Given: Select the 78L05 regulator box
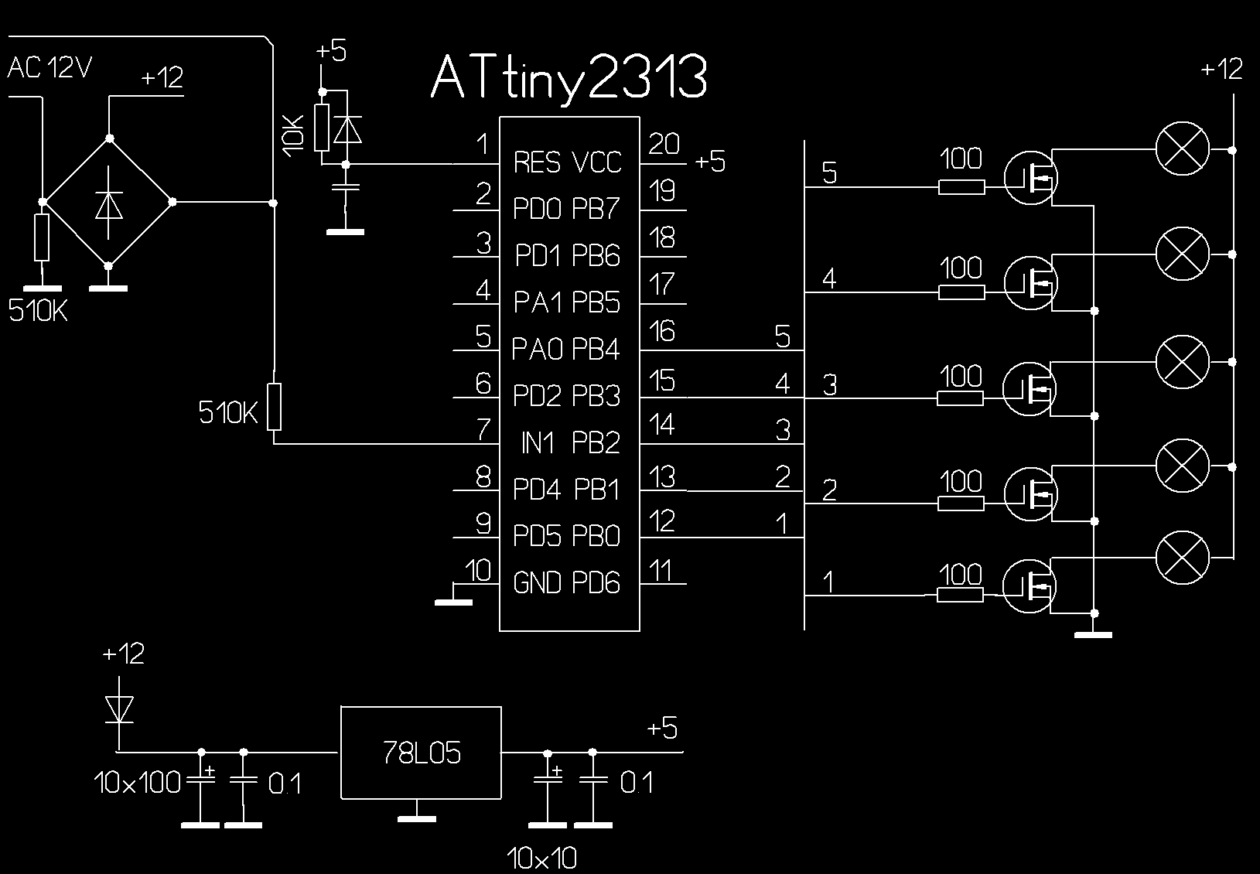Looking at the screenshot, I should click(x=421, y=752).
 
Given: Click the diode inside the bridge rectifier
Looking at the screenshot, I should click(x=108, y=203).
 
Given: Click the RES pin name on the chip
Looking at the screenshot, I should click(x=537, y=162).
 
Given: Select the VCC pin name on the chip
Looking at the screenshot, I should click(x=596, y=162).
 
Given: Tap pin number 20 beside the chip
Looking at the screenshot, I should click(x=664, y=145).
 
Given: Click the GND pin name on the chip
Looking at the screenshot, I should click(x=537, y=582).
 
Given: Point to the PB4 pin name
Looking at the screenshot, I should click(x=596, y=350).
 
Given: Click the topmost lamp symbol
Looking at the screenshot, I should click(x=1181, y=149).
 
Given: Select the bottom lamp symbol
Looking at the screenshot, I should click(x=1181, y=558).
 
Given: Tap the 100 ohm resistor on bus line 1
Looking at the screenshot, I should click(x=960, y=595).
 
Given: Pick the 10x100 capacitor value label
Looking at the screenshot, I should click(x=138, y=784).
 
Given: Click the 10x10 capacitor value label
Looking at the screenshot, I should click(x=542, y=858).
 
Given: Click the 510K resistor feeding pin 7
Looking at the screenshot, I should click(x=274, y=406).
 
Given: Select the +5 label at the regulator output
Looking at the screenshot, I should click(x=662, y=729).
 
